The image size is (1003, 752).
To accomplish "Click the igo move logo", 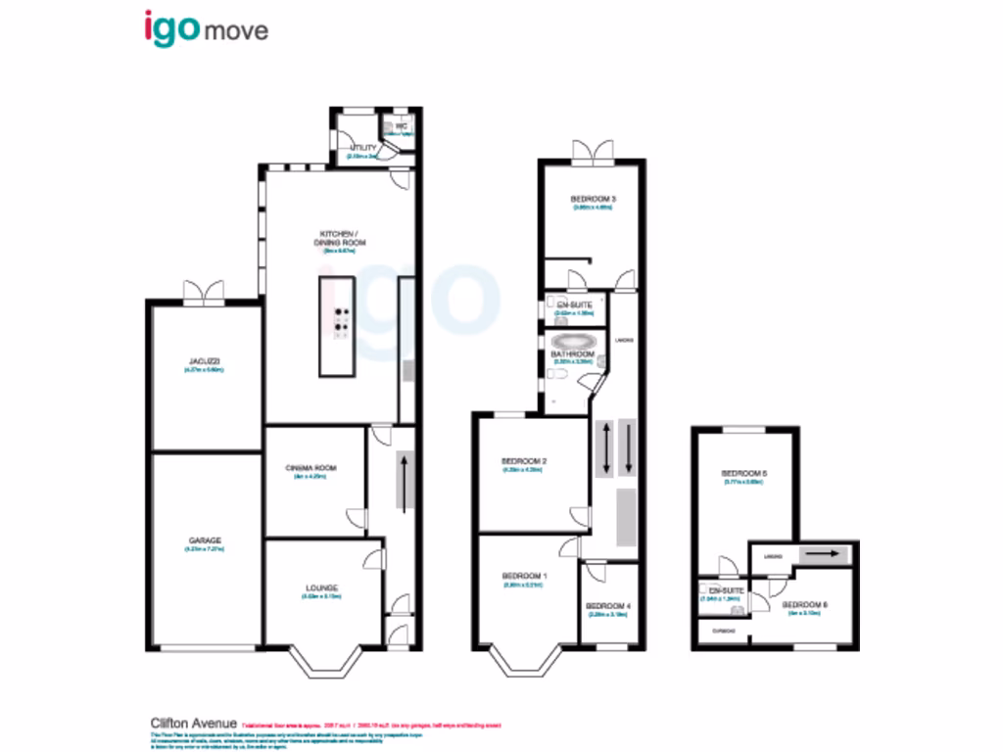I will pyautogui.click(x=205, y=28).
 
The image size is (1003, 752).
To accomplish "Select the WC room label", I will pyautogui.click(x=401, y=126).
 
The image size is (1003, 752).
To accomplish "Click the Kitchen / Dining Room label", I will pyautogui.click(x=343, y=238).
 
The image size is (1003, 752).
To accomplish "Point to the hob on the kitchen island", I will pyautogui.click(x=341, y=323).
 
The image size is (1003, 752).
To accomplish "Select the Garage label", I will pyautogui.click(x=206, y=540).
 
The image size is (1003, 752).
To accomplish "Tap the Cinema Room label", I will pyautogui.click(x=315, y=468).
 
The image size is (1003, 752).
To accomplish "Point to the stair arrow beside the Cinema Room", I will pyautogui.click(x=404, y=479).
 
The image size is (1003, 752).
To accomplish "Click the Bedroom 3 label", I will pyautogui.click(x=592, y=199).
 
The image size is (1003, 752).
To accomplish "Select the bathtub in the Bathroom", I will pyautogui.click(x=574, y=343).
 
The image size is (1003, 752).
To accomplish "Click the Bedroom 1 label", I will pyautogui.click(x=524, y=575).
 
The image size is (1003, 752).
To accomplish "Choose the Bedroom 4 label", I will pyautogui.click(x=608, y=607).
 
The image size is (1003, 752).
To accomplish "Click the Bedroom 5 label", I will pyautogui.click(x=744, y=474).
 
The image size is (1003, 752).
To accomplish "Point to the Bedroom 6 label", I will pyautogui.click(x=806, y=605).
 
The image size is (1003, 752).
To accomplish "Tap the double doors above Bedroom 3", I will pyautogui.click(x=591, y=150).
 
